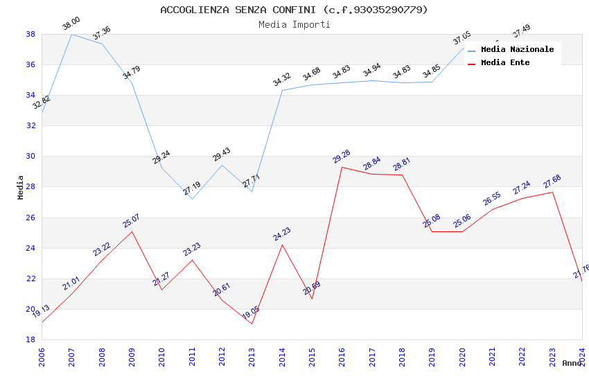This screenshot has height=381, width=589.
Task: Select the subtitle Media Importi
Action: coord(294,24)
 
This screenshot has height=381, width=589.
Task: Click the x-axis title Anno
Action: coord(572,363)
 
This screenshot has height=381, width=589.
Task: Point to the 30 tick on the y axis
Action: coord(30,157)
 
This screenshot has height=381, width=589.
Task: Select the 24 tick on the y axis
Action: coord(30,248)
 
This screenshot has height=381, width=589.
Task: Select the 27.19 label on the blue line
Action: coord(192,188)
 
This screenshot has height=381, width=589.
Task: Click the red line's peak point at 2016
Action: coord(342,167)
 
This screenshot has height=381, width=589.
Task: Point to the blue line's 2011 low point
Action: coord(192,199)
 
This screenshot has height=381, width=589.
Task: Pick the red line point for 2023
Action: coord(552,192)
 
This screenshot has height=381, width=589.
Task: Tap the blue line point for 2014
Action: coord(282,90)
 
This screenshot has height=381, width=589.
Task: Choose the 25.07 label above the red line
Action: coord(131,221)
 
